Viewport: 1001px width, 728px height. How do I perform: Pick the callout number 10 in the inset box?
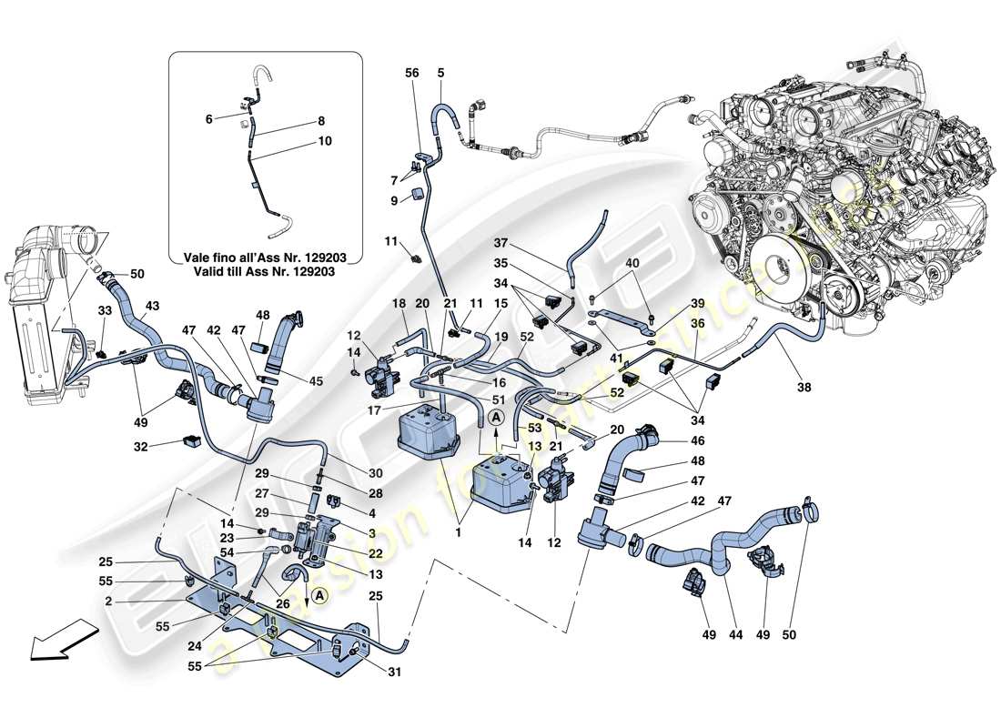tap(325, 141)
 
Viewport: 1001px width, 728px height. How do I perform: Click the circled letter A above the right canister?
tap(495, 417)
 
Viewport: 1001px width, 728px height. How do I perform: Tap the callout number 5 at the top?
tap(440, 73)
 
